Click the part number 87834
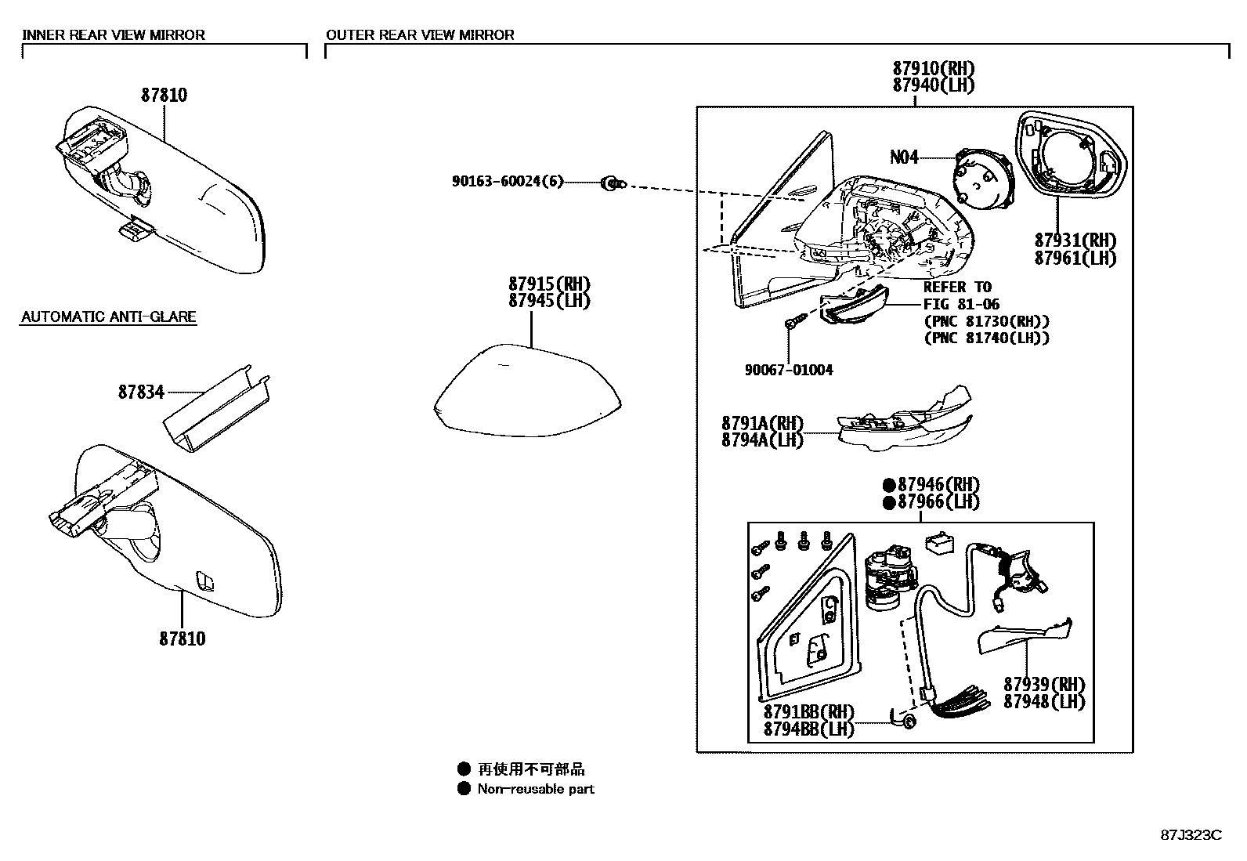(141, 392)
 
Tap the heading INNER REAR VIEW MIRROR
(114, 35)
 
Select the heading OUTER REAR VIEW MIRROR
(420, 35)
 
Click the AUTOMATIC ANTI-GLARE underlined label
(108, 317)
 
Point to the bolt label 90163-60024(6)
(507, 182)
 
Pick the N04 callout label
(904, 157)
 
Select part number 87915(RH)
(548, 284)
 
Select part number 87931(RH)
(1075, 241)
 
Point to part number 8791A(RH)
(762, 424)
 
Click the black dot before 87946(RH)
(889, 485)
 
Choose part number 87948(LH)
(1044, 701)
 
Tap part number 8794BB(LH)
(808, 729)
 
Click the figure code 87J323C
(1191, 834)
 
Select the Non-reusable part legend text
(536, 789)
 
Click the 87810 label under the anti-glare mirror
(183, 639)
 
